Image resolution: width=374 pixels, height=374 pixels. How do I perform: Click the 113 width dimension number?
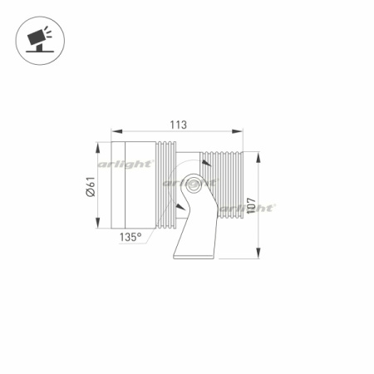tap(177, 125)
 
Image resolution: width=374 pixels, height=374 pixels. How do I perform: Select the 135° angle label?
tap(131, 237)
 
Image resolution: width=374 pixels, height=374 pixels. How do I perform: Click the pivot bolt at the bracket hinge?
tap(193, 186)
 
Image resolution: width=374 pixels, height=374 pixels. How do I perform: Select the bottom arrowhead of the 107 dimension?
tap(260, 256)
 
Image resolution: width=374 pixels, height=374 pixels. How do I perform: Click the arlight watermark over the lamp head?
tap(125, 165)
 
